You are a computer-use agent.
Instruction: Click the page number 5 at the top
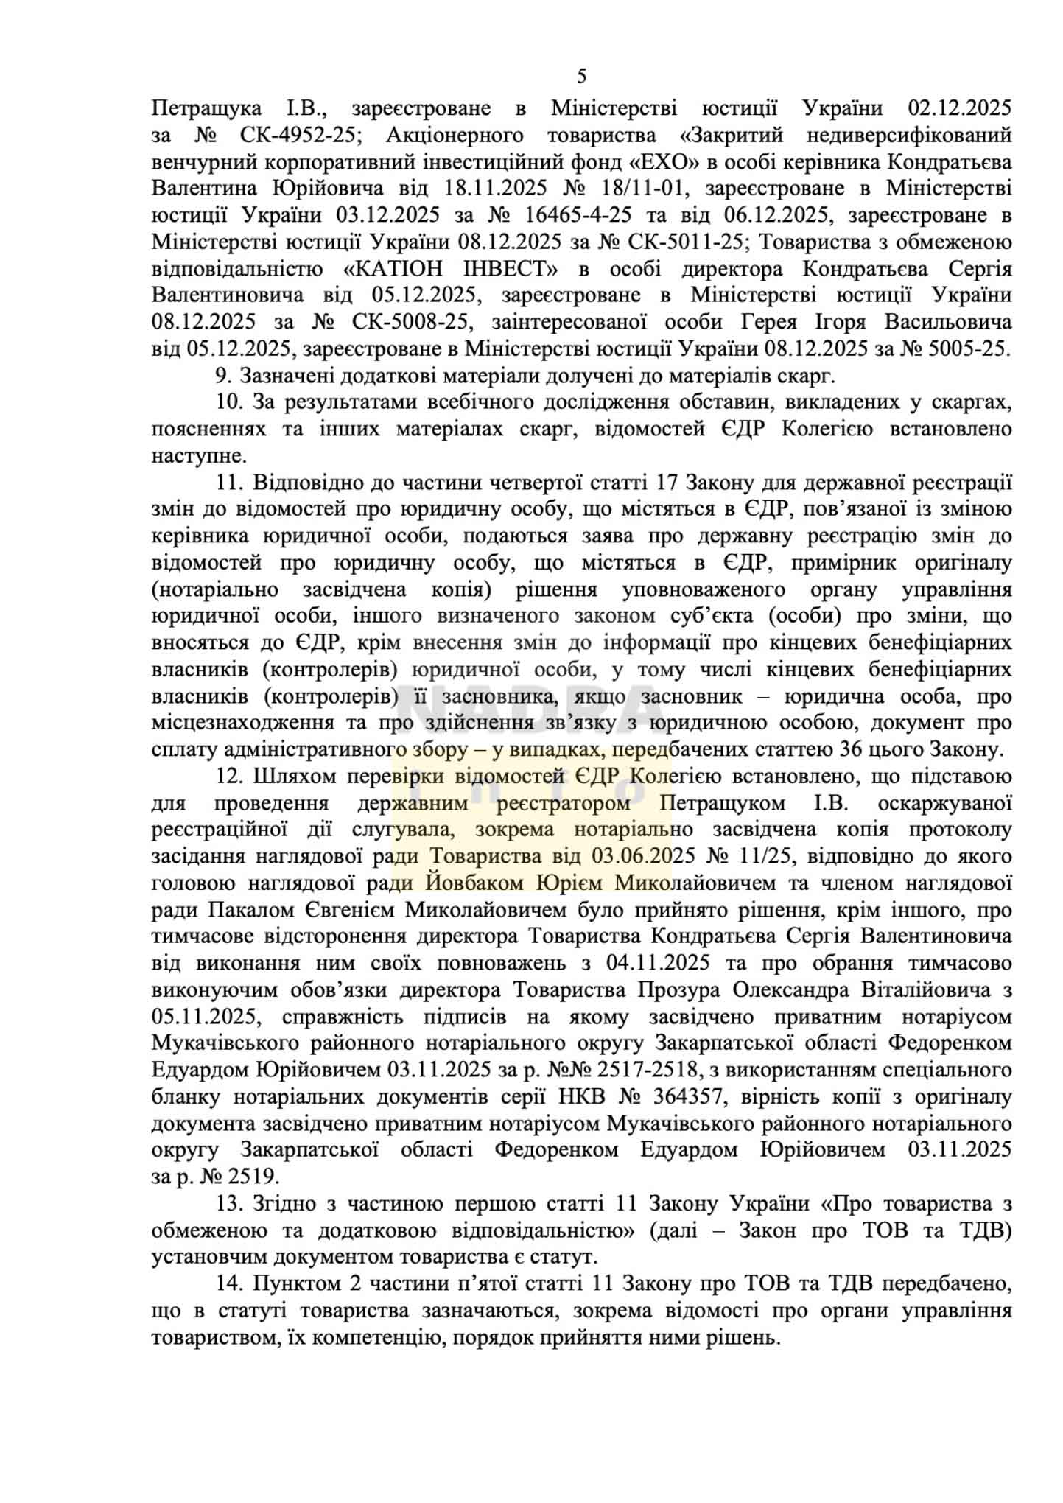[582, 77]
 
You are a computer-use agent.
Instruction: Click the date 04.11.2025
[658, 963]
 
